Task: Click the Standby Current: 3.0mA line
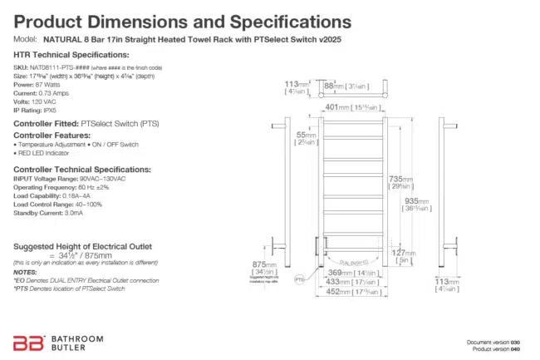(48, 213)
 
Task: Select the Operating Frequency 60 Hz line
(61, 187)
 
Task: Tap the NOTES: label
(26, 272)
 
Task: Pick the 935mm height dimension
(416, 200)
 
